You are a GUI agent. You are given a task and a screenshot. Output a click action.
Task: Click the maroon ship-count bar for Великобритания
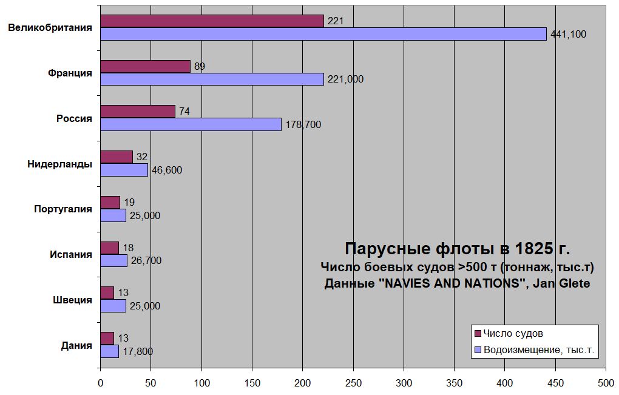[212, 21]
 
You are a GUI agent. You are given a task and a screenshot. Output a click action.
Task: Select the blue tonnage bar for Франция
[212, 79]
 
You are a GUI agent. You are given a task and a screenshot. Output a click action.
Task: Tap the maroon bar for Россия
[138, 112]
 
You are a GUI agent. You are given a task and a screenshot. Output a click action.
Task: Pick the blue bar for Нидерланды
[124, 170]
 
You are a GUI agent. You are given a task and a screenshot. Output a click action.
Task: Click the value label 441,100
[568, 34]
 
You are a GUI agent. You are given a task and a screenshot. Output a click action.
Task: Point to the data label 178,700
[303, 125]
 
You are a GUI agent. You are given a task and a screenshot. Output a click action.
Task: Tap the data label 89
[200, 66]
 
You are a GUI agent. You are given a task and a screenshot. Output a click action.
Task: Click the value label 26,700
[146, 261]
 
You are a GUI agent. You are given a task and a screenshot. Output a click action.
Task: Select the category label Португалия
[63, 209]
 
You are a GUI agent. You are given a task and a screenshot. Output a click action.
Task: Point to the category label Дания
[76, 346]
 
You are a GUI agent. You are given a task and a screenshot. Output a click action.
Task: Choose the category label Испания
[71, 255]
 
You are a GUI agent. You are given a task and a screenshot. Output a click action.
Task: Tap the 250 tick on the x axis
[353, 383]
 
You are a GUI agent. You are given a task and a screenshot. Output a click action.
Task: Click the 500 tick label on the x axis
[606, 383]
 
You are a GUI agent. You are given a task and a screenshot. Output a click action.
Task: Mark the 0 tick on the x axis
[100, 383]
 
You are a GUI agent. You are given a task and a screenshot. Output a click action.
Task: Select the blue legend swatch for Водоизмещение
[478, 349]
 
